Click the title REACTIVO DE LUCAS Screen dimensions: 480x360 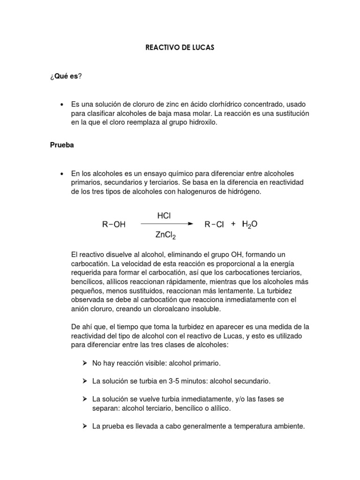pyautogui.click(x=180, y=48)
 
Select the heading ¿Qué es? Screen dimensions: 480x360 pyautogui.click(x=66, y=76)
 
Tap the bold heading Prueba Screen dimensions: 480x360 pyautogui.click(x=62, y=145)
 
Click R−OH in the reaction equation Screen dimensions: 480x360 pyautogui.click(x=114, y=225)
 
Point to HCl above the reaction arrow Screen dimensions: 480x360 pyautogui.click(x=164, y=216)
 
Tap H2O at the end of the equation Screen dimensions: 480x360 pyautogui.click(x=249, y=225)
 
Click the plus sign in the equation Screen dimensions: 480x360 pyautogui.click(x=233, y=224)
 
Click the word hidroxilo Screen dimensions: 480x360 pyautogui.click(x=202, y=122)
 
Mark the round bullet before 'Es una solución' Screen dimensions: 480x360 pyautogui.click(x=62, y=104)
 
